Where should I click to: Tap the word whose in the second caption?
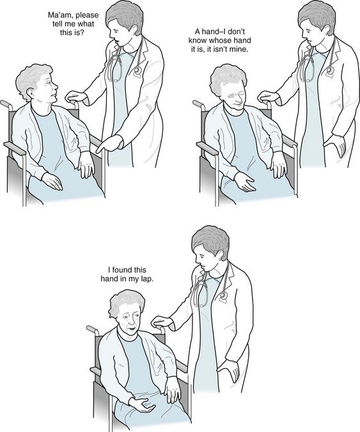tap(221, 40)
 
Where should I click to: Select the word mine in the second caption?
tap(240, 50)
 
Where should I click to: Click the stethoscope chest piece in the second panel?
tap(330, 71)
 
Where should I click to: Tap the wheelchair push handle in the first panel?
tap(6, 104)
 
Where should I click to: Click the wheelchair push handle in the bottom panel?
tap(92, 328)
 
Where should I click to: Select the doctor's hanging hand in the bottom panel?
tap(230, 369)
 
